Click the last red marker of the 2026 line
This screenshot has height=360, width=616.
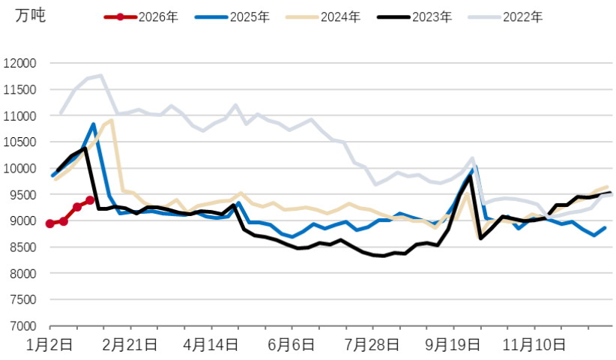point(90,200)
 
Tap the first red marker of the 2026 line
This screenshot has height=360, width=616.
point(50,223)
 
